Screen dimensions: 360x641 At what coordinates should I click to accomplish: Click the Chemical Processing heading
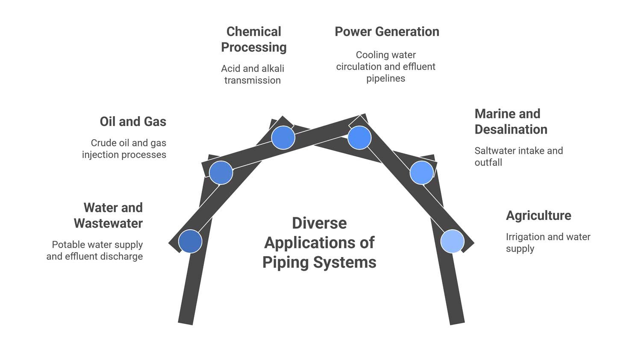click(x=253, y=39)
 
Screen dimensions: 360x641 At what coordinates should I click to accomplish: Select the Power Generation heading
click(x=387, y=32)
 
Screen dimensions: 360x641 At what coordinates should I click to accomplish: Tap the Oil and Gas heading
click(x=133, y=122)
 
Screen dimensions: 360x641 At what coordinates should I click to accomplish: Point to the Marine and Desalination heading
click(x=511, y=122)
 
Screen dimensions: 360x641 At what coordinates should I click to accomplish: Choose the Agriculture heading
click(x=538, y=216)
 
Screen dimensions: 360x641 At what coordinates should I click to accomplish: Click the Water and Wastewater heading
click(x=109, y=216)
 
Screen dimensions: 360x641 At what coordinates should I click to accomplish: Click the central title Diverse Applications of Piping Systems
click(x=319, y=243)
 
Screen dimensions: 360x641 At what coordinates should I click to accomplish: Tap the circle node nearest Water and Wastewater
click(x=190, y=241)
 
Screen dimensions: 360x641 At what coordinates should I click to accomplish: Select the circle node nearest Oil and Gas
click(x=221, y=173)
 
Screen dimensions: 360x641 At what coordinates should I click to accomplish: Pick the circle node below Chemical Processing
click(x=283, y=138)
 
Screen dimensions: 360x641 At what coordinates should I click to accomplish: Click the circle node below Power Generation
click(x=359, y=138)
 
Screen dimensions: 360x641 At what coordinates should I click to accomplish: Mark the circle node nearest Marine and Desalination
click(x=422, y=173)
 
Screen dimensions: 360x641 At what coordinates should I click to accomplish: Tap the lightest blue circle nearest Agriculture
click(x=453, y=241)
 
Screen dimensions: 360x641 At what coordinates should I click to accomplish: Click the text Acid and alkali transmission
click(x=253, y=74)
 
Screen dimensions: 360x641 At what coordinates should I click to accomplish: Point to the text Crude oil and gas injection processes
click(x=124, y=149)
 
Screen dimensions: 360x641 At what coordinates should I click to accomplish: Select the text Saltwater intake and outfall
click(x=518, y=156)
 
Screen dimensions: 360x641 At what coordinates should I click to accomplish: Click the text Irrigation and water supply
click(x=548, y=243)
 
